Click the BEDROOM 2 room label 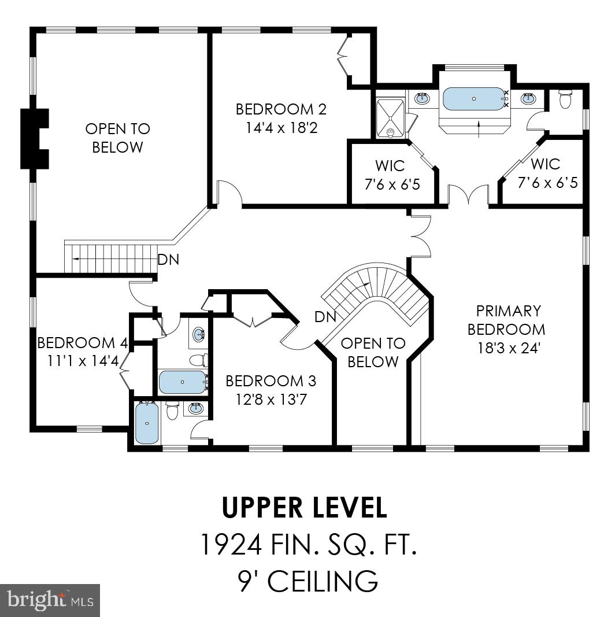pyautogui.click(x=281, y=109)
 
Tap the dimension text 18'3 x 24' pyautogui.click(x=509, y=349)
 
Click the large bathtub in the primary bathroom pyautogui.click(x=474, y=99)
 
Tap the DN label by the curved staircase pyautogui.click(x=325, y=316)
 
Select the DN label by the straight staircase pyautogui.click(x=168, y=260)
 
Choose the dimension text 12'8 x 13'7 pyautogui.click(x=271, y=400)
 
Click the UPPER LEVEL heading pyautogui.click(x=305, y=508)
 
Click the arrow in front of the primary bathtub pyautogui.click(x=479, y=128)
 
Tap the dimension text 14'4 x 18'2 pyautogui.click(x=281, y=127)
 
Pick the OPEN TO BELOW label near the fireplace pyautogui.click(x=117, y=138)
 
